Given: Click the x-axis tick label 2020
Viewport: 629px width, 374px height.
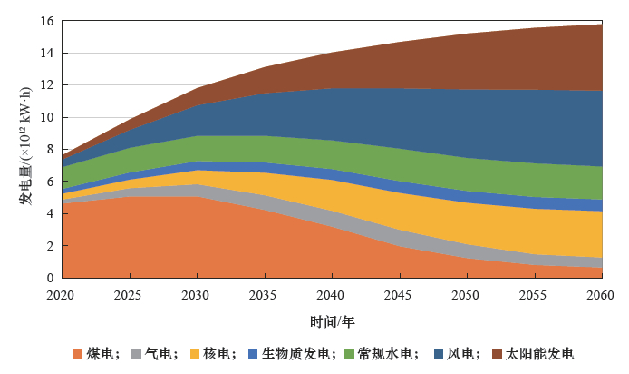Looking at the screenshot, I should pyautogui.click(x=62, y=295).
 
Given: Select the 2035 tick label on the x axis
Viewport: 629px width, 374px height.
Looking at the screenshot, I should pyautogui.click(x=264, y=295).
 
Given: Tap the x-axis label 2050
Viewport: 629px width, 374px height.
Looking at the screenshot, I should pyautogui.click(x=466, y=295).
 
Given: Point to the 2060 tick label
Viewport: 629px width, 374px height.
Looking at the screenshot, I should pyautogui.click(x=600, y=295).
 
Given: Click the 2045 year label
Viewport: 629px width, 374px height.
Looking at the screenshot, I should pyautogui.click(x=399, y=295).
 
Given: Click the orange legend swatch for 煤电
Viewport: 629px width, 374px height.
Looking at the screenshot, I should pyautogui.click(x=79, y=354).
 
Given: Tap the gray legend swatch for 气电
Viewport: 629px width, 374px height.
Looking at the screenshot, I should pyautogui.click(x=138, y=354).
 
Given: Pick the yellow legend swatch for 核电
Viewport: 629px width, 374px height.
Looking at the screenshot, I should pyautogui.click(x=195, y=354).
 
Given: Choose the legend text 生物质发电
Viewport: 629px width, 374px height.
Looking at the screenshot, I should pyautogui.click(x=295, y=354).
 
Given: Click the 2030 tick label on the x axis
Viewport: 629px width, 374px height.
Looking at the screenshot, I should pyautogui.click(x=197, y=295).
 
